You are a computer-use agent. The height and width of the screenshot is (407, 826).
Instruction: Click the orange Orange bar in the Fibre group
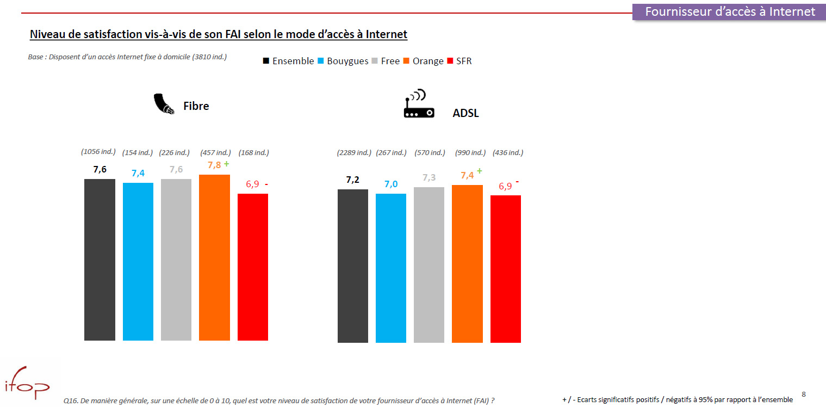point(214,257)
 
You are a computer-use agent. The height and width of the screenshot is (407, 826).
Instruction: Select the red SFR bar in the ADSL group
point(505,269)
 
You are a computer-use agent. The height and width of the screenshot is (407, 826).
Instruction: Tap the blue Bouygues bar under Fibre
point(138,261)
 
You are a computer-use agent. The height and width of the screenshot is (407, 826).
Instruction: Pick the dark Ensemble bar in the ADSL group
point(352,266)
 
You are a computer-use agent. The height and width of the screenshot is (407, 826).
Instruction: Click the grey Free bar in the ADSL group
point(429,265)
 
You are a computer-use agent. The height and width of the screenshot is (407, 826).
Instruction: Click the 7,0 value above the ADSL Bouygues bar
point(390,184)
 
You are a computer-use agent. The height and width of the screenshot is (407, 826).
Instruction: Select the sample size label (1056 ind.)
point(98,152)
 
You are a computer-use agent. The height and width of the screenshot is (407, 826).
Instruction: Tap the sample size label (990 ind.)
point(470,153)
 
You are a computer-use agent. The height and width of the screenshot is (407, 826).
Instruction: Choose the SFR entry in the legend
point(463,61)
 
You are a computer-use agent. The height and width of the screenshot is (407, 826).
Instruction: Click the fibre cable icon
point(163,104)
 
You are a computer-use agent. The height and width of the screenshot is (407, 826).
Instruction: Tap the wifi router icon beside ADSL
point(419,105)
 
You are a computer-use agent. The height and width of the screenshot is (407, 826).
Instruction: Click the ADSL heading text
point(465,114)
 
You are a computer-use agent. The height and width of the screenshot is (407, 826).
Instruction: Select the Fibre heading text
point(196,106)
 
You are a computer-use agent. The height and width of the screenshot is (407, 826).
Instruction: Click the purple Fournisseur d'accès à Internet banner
point(729,11)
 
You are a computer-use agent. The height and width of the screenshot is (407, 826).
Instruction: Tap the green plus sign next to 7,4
point(479,171)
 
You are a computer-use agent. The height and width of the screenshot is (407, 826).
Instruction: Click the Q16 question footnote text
point(278,400)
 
